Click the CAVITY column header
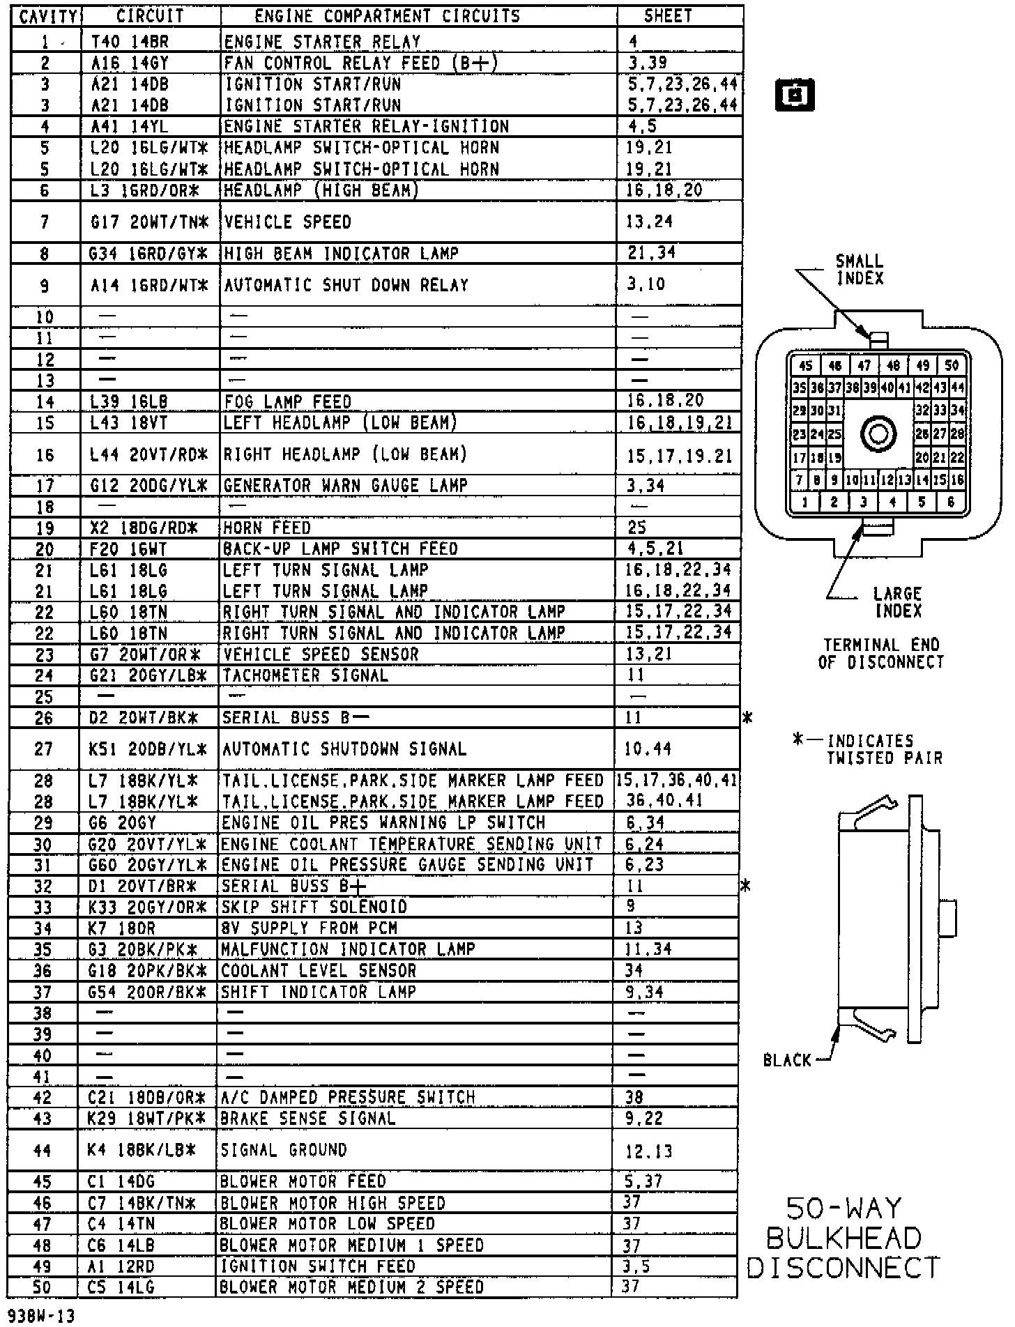47,16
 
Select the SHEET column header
668,15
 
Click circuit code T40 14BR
130,42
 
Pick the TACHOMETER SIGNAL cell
305,675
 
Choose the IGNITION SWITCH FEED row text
317,1266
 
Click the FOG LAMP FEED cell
287,401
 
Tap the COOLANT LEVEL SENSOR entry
318,971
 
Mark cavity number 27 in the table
43,749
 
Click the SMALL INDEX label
860,270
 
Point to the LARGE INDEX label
898,602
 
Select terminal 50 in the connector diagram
952,365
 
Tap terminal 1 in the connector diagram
805,501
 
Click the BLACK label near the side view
787,1060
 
